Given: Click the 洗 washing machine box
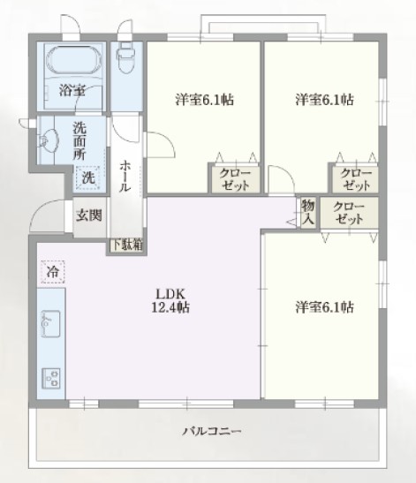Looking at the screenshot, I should click(88, 177).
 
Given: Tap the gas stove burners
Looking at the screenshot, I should click(51, 377).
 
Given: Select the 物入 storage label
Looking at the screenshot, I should click(307, 213).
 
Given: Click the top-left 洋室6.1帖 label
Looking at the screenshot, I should click(204, 100).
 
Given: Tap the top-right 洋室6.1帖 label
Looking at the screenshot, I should click(324, 100).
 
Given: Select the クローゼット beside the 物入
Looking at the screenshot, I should click(349, 212).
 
